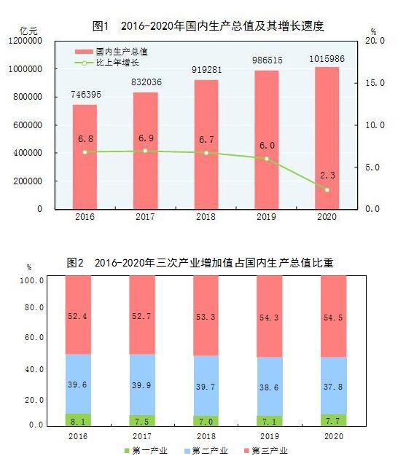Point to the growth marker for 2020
pos(327,190)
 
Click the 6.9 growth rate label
pos(145,138)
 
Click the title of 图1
pos(208,26)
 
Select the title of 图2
pos(200,262)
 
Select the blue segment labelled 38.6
pos(270,386)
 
